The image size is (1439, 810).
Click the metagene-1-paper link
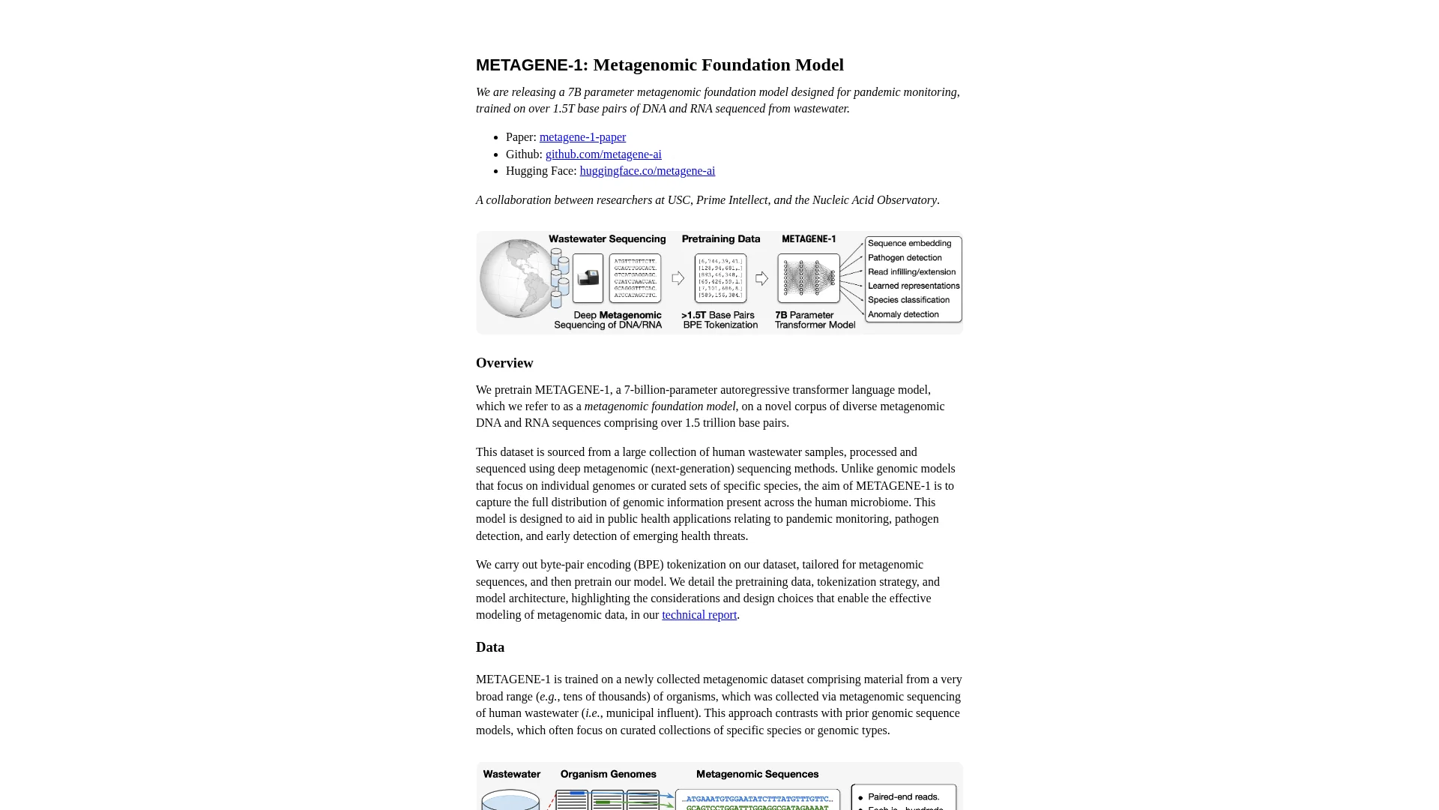(582, 137)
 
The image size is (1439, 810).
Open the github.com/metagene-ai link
(603, 154)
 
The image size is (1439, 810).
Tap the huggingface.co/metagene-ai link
(647, 171)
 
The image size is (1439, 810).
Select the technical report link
(699, 615)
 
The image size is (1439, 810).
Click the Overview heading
(504, 363)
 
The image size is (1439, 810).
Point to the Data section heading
(490, 647)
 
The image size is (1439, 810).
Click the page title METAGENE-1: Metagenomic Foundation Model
(660, 65)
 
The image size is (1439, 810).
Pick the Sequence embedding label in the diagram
(909, 244)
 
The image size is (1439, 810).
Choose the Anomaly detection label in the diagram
(903, 315)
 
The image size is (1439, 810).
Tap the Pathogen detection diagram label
(905, 258)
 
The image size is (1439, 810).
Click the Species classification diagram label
(908, 300)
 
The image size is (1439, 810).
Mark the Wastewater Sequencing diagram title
(607, 239)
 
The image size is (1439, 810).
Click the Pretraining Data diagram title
(720, 239)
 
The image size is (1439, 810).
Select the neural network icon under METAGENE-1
(809, 278)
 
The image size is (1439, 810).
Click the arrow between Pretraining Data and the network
(762, 279)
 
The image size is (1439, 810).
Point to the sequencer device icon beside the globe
(588, 278)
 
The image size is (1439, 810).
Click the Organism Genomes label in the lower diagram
(608, 775)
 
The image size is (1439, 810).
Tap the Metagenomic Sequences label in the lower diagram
(757, 775)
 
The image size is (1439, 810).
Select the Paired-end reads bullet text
(903, 797)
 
